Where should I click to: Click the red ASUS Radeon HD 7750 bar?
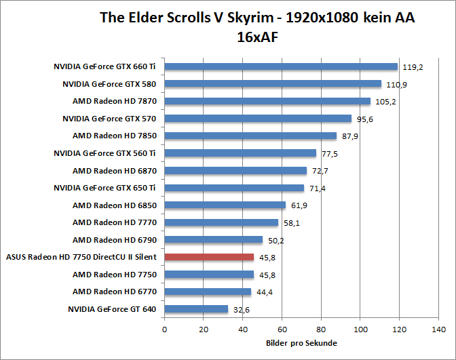209,257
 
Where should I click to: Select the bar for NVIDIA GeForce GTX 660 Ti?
281,66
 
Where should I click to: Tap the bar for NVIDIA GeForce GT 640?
196,309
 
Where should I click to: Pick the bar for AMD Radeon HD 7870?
267,101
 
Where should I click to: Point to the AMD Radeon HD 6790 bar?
213,239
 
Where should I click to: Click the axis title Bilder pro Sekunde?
301,343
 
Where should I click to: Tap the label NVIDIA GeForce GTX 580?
109,84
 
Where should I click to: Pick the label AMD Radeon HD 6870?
114,170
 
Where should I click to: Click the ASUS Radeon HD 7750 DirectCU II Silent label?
81,257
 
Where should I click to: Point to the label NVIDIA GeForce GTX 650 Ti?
104,188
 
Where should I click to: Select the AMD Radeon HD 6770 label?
114,292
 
